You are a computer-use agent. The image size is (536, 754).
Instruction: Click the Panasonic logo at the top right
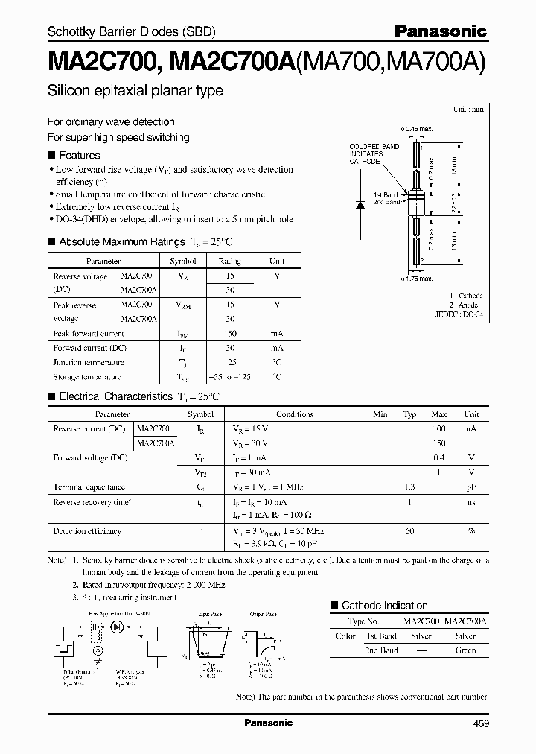[440, 31]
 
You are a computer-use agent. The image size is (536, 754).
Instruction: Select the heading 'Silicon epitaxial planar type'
[135, 91]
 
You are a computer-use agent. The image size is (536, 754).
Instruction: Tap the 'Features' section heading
[79, 155]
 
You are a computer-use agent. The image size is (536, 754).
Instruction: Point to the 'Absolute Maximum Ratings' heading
[121, 241]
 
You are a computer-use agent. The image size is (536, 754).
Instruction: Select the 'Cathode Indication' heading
[384, 606]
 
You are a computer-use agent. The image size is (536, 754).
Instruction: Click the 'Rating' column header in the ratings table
[229, 262]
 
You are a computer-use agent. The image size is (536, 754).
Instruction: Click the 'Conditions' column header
[294, 414]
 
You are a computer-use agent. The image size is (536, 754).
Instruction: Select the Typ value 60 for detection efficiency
[409, 531]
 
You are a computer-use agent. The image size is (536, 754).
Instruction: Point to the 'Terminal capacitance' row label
[89, 487]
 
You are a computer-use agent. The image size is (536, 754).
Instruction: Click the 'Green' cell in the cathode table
[465, 650]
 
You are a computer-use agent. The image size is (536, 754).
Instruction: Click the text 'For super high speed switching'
[118, 137]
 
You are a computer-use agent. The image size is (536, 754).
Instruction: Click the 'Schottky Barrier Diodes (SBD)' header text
[132, 31]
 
